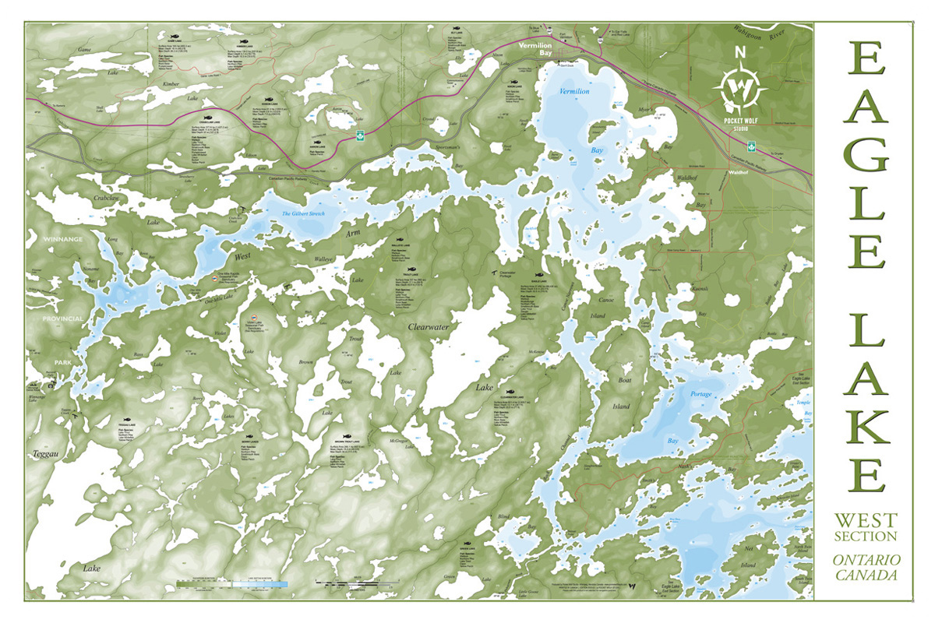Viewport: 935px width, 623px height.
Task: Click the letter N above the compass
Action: (x=741, y=54)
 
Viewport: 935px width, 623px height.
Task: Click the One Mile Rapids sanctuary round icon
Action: (x=213, y=277)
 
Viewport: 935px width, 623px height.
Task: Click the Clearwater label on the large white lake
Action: (x=429, y=328)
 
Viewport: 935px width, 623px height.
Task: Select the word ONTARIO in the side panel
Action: (x=866, y=560)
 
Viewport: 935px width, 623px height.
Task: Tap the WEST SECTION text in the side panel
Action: (x=866, y=526)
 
